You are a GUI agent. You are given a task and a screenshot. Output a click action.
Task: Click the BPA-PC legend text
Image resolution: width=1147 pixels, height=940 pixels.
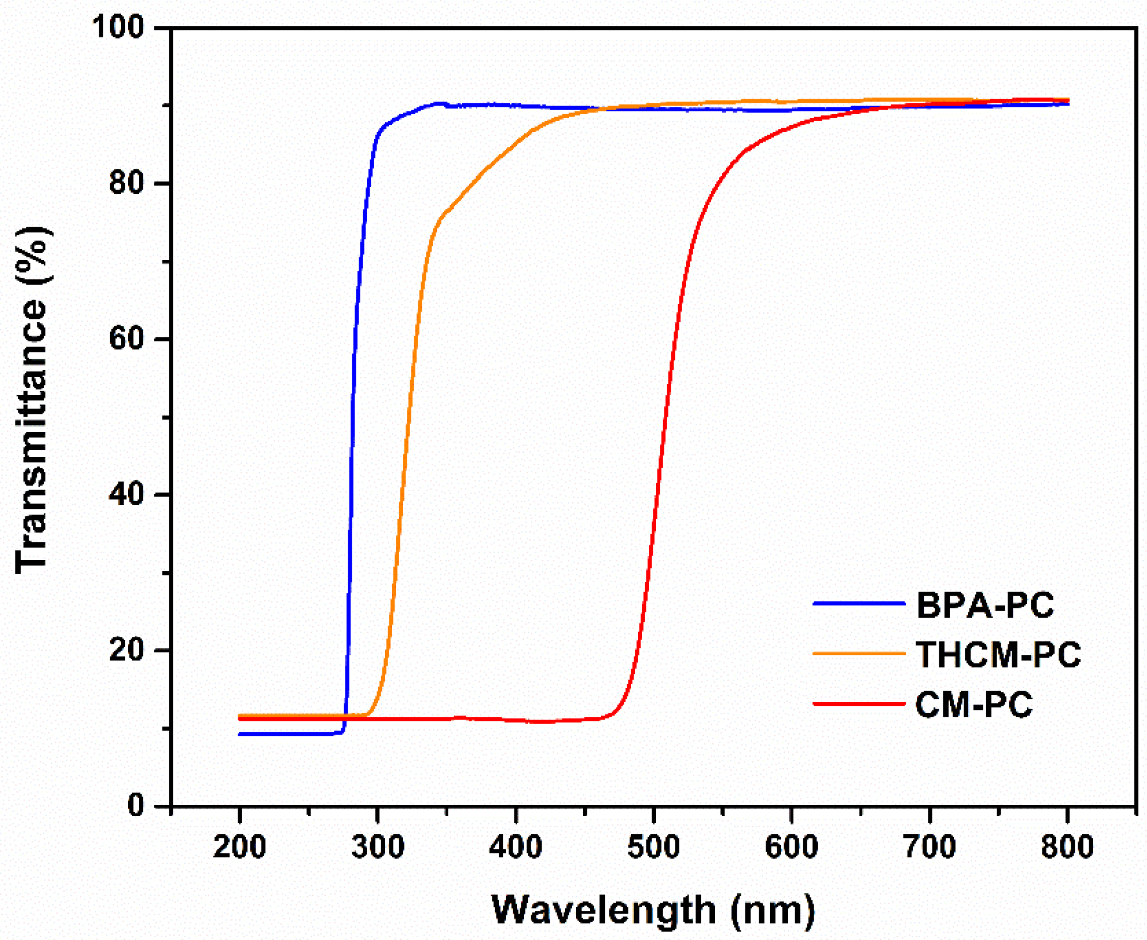(985, 605)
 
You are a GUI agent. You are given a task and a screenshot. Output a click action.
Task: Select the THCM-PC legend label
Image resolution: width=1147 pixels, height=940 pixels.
(998, 654)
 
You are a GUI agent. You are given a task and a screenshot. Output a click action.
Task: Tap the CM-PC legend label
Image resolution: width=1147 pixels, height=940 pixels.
(974, 704)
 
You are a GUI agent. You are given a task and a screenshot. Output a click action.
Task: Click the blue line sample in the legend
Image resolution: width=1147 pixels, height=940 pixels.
(858, 604)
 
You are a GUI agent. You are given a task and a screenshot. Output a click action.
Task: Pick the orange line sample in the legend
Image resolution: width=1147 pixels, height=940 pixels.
(858, 654)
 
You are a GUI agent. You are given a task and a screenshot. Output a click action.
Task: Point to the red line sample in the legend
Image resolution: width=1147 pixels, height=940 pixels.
(858, 704)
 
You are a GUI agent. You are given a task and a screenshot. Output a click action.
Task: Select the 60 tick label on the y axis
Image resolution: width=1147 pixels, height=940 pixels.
(126, 339)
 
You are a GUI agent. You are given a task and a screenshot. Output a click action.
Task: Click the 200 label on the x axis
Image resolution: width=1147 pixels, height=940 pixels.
(239, 847)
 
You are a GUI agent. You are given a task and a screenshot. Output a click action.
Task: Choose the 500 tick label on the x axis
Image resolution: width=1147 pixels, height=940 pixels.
(654, 847)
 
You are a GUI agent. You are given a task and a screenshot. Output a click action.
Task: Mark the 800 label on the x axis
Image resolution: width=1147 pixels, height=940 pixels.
(1067, 847)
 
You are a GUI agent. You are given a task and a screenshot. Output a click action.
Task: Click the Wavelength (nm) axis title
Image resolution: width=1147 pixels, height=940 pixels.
(653, 910)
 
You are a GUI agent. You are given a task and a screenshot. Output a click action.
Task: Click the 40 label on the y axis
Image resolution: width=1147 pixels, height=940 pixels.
(126, 494)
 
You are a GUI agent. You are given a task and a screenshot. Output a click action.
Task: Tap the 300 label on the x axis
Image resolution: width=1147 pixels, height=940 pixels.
(378, 847)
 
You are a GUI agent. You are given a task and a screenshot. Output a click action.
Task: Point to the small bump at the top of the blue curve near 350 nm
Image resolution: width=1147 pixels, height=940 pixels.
(441, 104)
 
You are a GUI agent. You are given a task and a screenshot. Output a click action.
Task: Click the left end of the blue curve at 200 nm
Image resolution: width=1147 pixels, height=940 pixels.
(240, 734)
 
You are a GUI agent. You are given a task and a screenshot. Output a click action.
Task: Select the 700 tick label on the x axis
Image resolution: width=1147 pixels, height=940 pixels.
(930, 847)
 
